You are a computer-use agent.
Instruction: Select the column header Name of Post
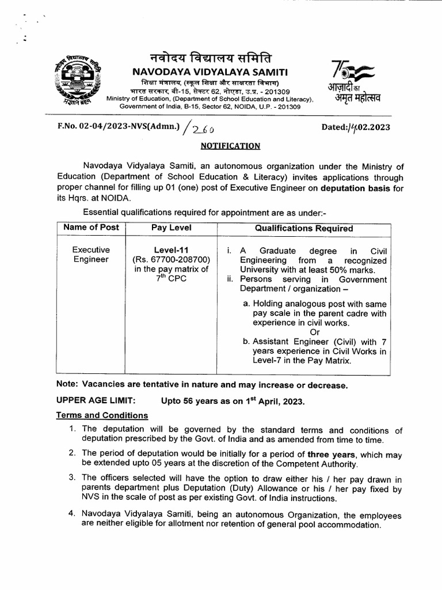click(91, 228)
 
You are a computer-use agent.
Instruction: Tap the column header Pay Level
click(171, 228)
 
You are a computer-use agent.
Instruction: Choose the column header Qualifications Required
click(304, 228)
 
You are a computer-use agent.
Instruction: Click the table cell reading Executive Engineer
click(91, 255)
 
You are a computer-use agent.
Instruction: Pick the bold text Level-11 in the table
click(171, 250)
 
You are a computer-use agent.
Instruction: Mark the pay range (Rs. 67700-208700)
click(171, 260)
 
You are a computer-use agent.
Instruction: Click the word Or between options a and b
click(314, 332)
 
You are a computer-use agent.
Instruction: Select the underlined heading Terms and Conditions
click(102, 415)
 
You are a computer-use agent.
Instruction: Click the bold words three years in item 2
click(329, 454)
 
